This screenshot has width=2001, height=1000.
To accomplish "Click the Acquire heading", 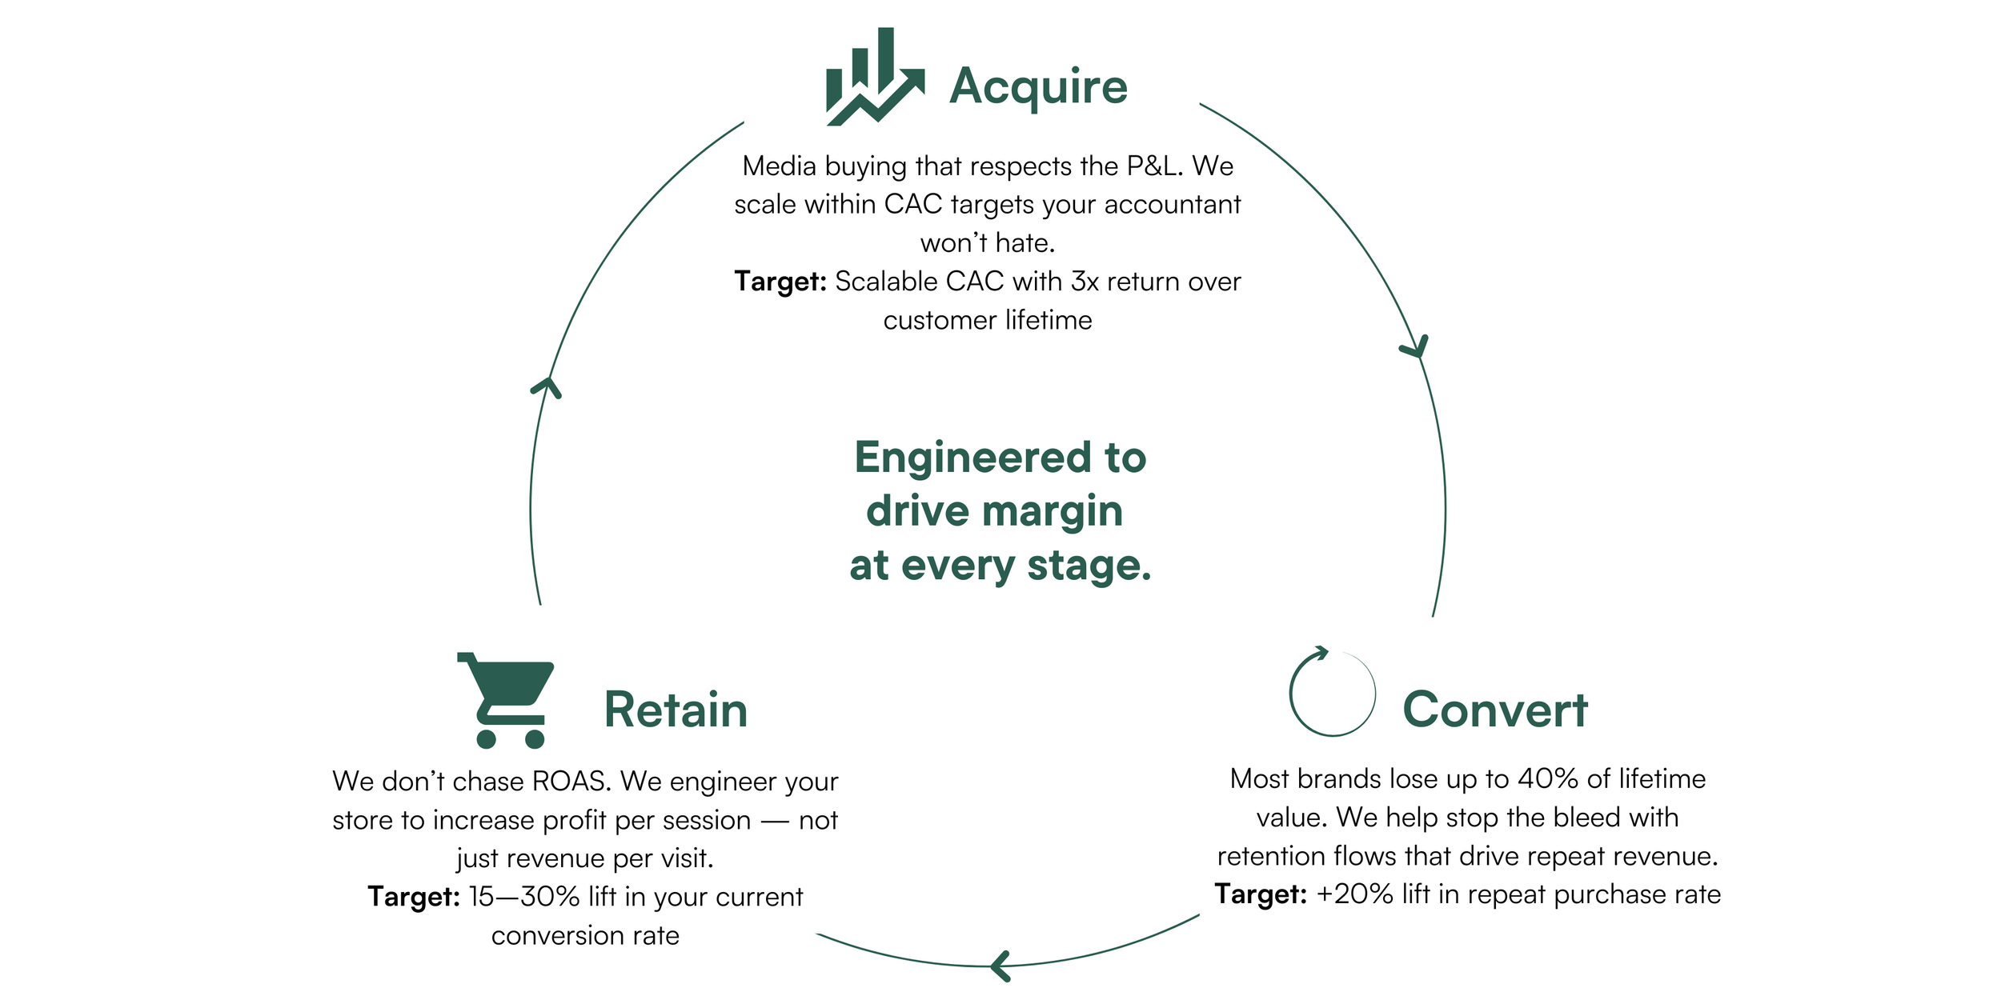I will (1038, 86).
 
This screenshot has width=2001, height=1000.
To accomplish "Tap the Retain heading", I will (676, 710).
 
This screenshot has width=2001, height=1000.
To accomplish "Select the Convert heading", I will (1495, 710).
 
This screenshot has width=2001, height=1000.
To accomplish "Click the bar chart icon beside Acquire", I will (875, 78).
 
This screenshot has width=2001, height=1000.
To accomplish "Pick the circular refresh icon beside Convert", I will (1332, 693).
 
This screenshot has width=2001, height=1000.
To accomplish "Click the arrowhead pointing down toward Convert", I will (1415, 349).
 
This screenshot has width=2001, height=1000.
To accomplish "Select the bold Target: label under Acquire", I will (780, 282).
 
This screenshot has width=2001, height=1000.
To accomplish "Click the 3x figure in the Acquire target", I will (1085, 282).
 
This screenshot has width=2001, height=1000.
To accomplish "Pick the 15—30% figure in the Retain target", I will (523, 897).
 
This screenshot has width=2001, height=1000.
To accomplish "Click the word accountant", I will (1172, 205).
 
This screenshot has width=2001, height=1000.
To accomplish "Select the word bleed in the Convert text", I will (1586, 818).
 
